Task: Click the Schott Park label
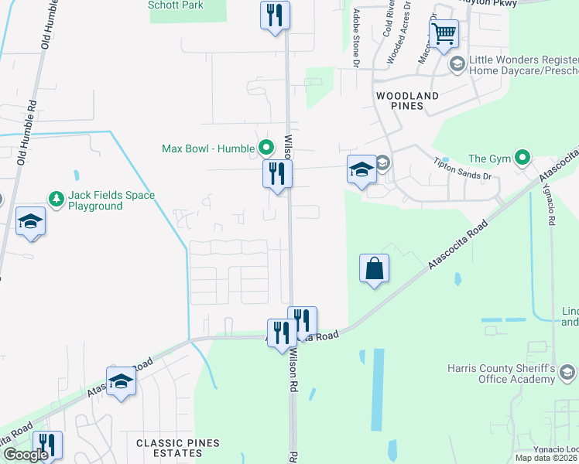coord(176,5)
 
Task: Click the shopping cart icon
coord(444,33)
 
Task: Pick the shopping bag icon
coord(374,268)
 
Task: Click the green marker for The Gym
coord(523,160)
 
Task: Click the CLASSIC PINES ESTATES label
coord(178,448)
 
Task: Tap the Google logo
coord(25,455)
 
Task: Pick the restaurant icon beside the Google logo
coord(47,445)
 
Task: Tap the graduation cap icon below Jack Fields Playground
coord(30,221)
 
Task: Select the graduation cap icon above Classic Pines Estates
coord(121,381)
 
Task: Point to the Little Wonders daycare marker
coord(457,63)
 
